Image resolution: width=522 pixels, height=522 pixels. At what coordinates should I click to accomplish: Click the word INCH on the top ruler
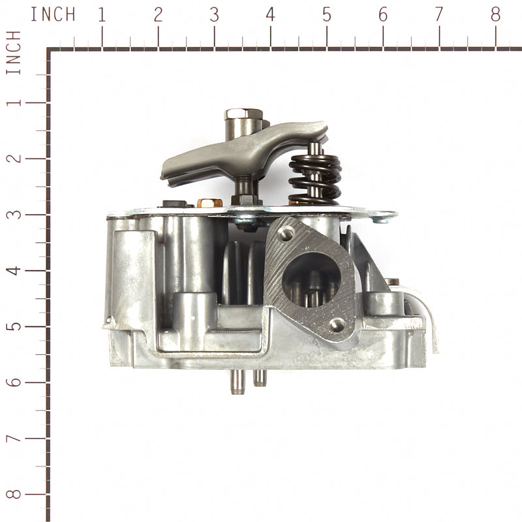tap(53, 14)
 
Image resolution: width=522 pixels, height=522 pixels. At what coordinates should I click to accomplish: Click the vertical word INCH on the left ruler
tap(14, 52)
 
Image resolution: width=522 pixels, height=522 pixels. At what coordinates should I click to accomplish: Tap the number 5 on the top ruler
tap(326, 14)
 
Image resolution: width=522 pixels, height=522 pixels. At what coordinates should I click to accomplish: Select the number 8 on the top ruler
tap(495, 14)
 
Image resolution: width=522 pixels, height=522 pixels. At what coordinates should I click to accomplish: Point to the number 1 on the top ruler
tap(102, 14)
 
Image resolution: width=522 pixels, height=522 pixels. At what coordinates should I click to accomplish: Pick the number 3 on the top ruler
tap(214, 14)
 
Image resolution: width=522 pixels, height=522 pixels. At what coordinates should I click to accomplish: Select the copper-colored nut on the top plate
tap(207, 203)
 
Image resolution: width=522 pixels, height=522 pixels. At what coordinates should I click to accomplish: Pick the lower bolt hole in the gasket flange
tap(337, 324)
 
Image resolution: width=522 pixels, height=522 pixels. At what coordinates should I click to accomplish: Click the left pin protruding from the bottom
tap(236, 382)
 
